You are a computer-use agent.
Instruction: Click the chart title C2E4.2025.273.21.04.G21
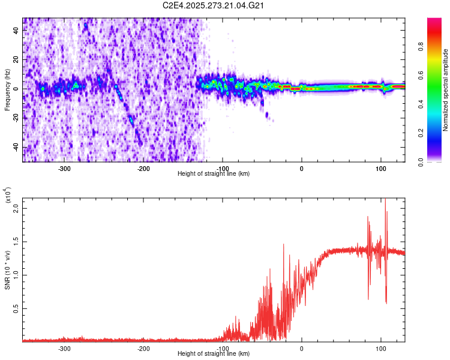(214, 5)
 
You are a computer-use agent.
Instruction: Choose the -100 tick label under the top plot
(223, 168)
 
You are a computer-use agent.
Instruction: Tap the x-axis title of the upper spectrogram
(214, 174)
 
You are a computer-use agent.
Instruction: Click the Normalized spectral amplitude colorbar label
(446, 90)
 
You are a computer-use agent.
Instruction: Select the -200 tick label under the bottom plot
(143, 348)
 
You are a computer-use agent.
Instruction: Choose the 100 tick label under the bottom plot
(380, 348)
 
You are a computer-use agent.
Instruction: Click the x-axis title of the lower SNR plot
(214, 354)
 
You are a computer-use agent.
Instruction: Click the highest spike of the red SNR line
(385, 200)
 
